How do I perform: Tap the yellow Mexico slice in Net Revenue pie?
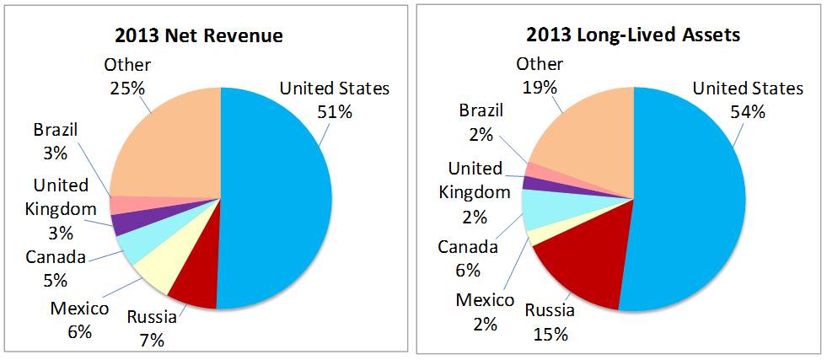152,268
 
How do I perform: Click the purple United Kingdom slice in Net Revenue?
126,222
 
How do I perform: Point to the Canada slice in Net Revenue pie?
133,246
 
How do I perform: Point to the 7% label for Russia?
152,340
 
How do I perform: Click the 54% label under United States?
747,110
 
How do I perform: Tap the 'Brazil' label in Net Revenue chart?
56,130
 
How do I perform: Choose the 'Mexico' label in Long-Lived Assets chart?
485,300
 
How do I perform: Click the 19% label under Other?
539,86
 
